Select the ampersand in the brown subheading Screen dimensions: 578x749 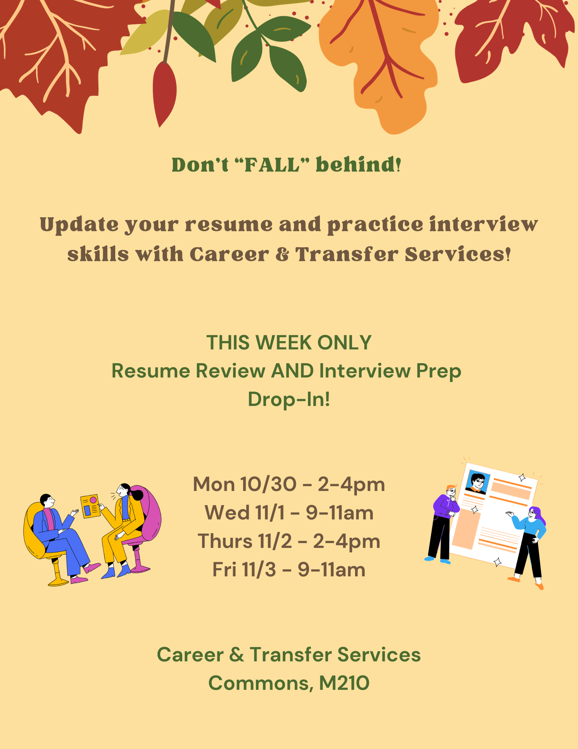tap(282, 255)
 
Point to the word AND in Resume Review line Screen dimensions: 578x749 tap(293, 371)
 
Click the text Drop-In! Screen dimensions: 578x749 tap(289, 399)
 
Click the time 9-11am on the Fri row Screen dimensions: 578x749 tap(331, 570)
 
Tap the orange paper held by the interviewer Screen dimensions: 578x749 tap(91, 506)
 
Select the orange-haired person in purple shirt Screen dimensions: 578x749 tap(443, 524)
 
